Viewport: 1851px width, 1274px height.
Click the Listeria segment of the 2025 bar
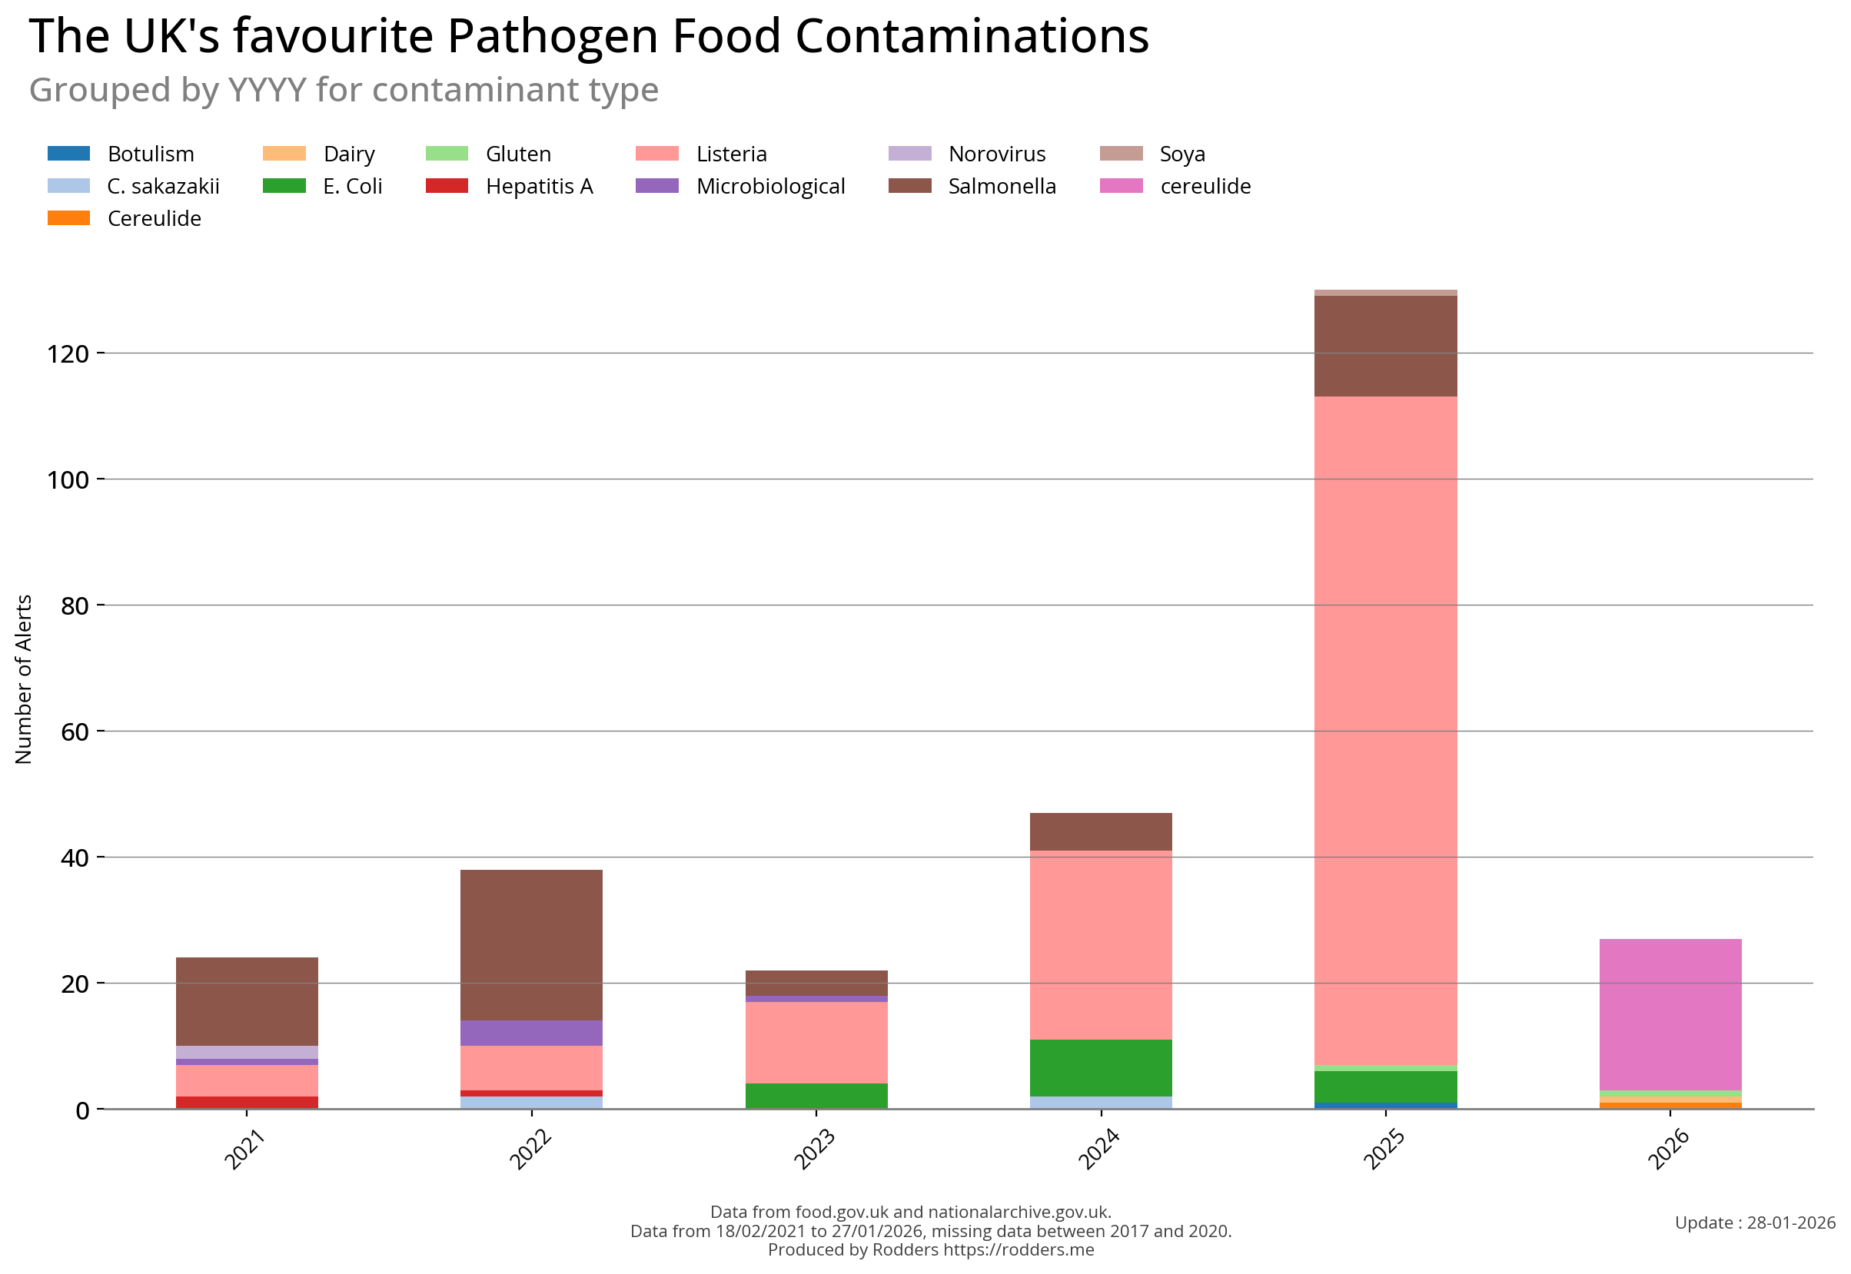(1384, 731)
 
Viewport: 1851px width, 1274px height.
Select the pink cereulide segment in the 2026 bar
(1670, 1014)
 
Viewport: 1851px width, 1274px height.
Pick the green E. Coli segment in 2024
(1101, 1067)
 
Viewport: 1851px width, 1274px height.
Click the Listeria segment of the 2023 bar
(816, 1042)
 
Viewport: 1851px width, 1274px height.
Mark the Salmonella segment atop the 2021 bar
(247, 1001)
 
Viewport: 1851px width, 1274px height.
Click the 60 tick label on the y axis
(75, 732)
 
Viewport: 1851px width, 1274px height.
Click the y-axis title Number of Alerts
(23, 678)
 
